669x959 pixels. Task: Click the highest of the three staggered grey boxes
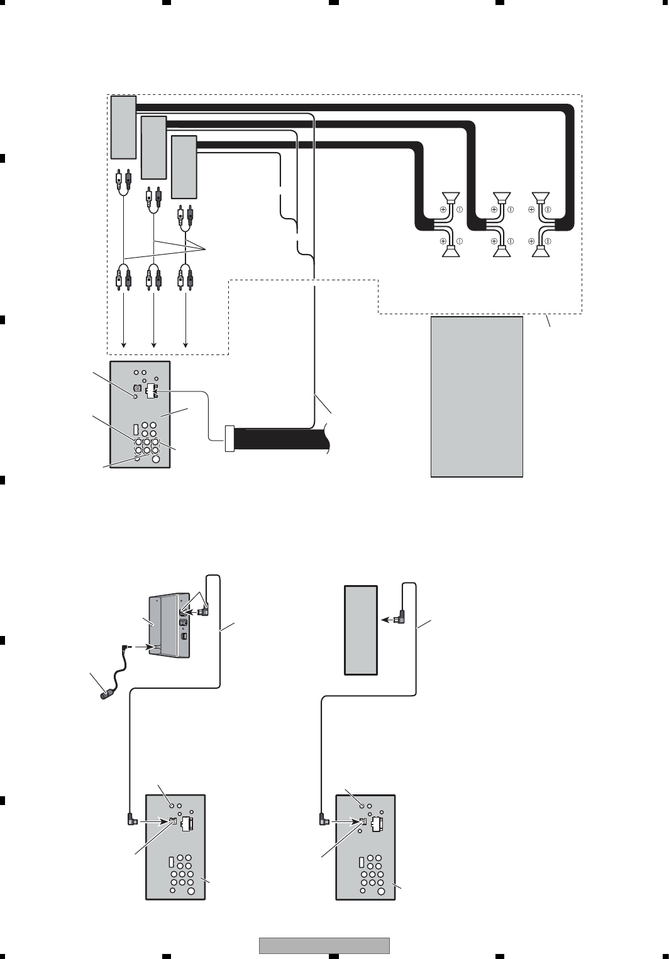[x=123, y=127]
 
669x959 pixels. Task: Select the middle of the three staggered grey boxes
[x=153, y=148]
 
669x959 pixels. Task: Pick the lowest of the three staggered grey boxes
[x=184, y=167]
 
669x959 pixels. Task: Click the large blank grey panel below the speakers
[x=477, y=397]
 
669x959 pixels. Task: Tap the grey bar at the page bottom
[x=324, y=945]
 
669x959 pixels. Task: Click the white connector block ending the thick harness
[x=229, y=439]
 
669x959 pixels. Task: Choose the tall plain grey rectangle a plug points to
[x=361, y=630]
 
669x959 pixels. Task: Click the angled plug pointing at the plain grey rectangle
[x=400, y=618]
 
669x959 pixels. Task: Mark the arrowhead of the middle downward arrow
[x=154, y=344]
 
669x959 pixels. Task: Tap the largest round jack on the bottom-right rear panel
[x=382, y=890]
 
